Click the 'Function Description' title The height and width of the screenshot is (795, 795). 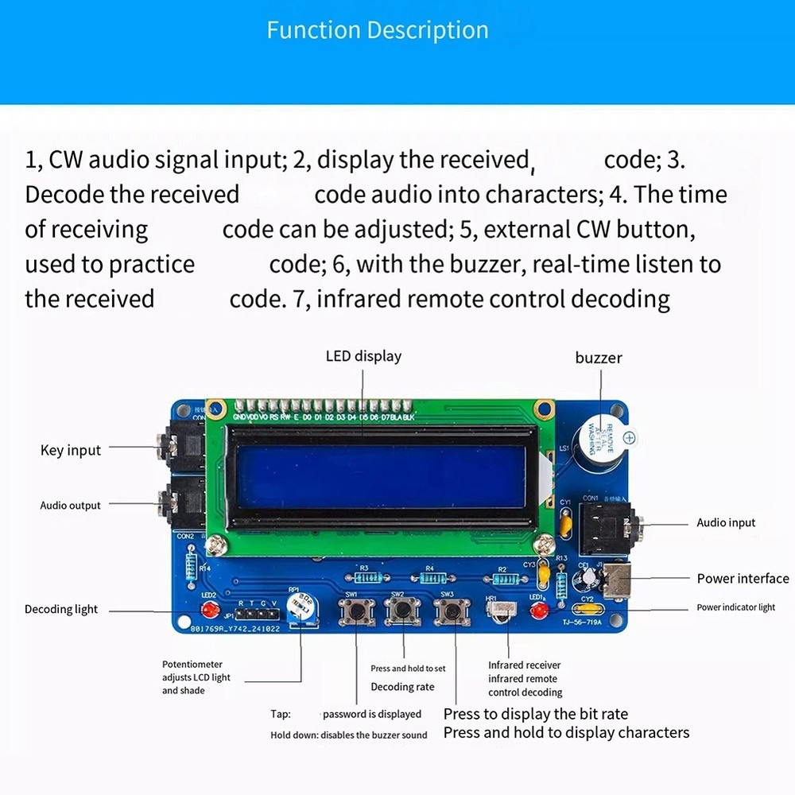pyautogui.click(x=378, y=30)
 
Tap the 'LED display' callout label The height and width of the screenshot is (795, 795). pyautogui.click(x=363, y=356)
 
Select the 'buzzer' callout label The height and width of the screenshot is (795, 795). pyautogui.click(x=598, y=358)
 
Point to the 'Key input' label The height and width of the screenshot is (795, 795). pyautogui.click(x=71, y=451)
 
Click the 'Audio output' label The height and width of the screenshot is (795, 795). pyautogui.click(x=71, y=506)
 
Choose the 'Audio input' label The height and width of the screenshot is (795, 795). pyautogui.click(x=726, y=522)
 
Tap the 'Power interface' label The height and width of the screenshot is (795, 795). pyautogui.click(x=743, y=579)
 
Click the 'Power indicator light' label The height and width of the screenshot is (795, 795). pyautogui.click(x=735, y=607)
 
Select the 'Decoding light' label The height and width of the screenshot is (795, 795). pyautogui.click(x=61, y=610)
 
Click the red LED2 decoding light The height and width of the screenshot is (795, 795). pyautogui.click(x=210, y=611)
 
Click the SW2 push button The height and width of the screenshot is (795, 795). pyautogui.click(x=403, y=611)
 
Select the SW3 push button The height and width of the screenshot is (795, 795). pyautogui.click(x=452, y=611)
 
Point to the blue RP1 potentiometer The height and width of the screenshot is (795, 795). pyautogui.click(x=301, y=606)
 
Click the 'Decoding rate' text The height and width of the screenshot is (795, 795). pyautogui.click(x=402, y=687)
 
